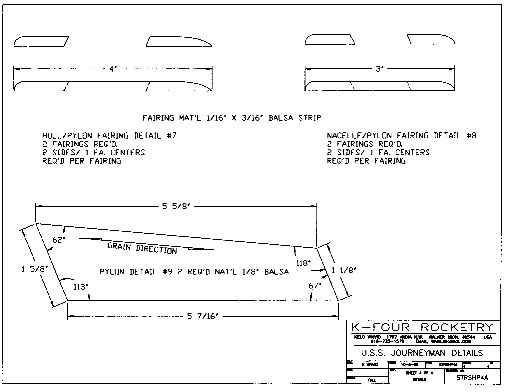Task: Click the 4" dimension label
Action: click(113, 69)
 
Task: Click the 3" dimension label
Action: click(380, 69)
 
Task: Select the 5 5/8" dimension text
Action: click(176, 207)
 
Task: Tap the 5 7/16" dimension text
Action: click(203, 316)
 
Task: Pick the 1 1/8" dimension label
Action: click(344, 271)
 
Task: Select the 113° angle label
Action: click(80, 287)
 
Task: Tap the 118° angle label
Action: click(303, 263)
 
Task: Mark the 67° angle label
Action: click(315, 286)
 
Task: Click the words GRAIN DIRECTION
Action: click(142, 248)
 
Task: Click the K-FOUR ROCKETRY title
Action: click(422, 327)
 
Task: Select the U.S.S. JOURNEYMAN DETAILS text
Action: click(422, 353)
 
